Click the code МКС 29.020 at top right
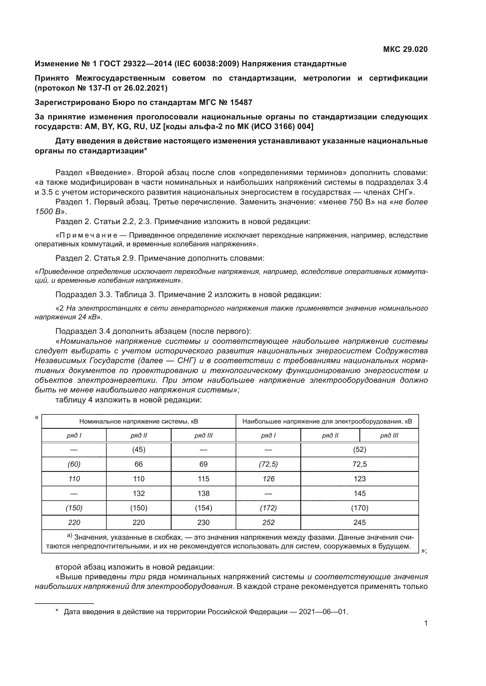405,49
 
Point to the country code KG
123,127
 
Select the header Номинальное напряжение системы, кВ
139,421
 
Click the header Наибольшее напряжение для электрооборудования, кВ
327,421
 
